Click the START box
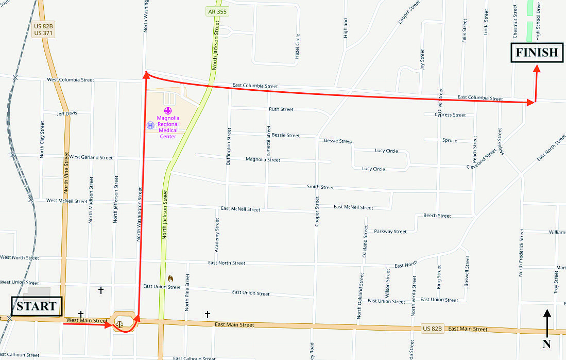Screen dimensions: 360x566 [37, 306]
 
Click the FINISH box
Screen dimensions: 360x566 [537, 52]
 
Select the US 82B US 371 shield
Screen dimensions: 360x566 [44, 29]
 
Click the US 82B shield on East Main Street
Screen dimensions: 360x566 [432, 329]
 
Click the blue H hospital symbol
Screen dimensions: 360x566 [150, 125]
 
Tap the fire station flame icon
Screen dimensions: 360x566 [170, 279]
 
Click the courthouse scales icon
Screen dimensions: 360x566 [119, 324]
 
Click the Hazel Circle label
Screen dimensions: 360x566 [298, 46]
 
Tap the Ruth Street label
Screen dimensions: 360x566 [281, 109]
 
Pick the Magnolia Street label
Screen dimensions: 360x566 [263, 160]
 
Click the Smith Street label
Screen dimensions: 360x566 [320, 187]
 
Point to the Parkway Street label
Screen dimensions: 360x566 [390, 232]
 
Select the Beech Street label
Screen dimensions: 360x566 [437, 216]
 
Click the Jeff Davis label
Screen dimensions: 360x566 [67, 113]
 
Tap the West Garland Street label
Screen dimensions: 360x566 [91, 157]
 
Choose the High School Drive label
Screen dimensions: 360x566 [538, 28]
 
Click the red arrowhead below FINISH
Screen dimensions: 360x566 [537, 70]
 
